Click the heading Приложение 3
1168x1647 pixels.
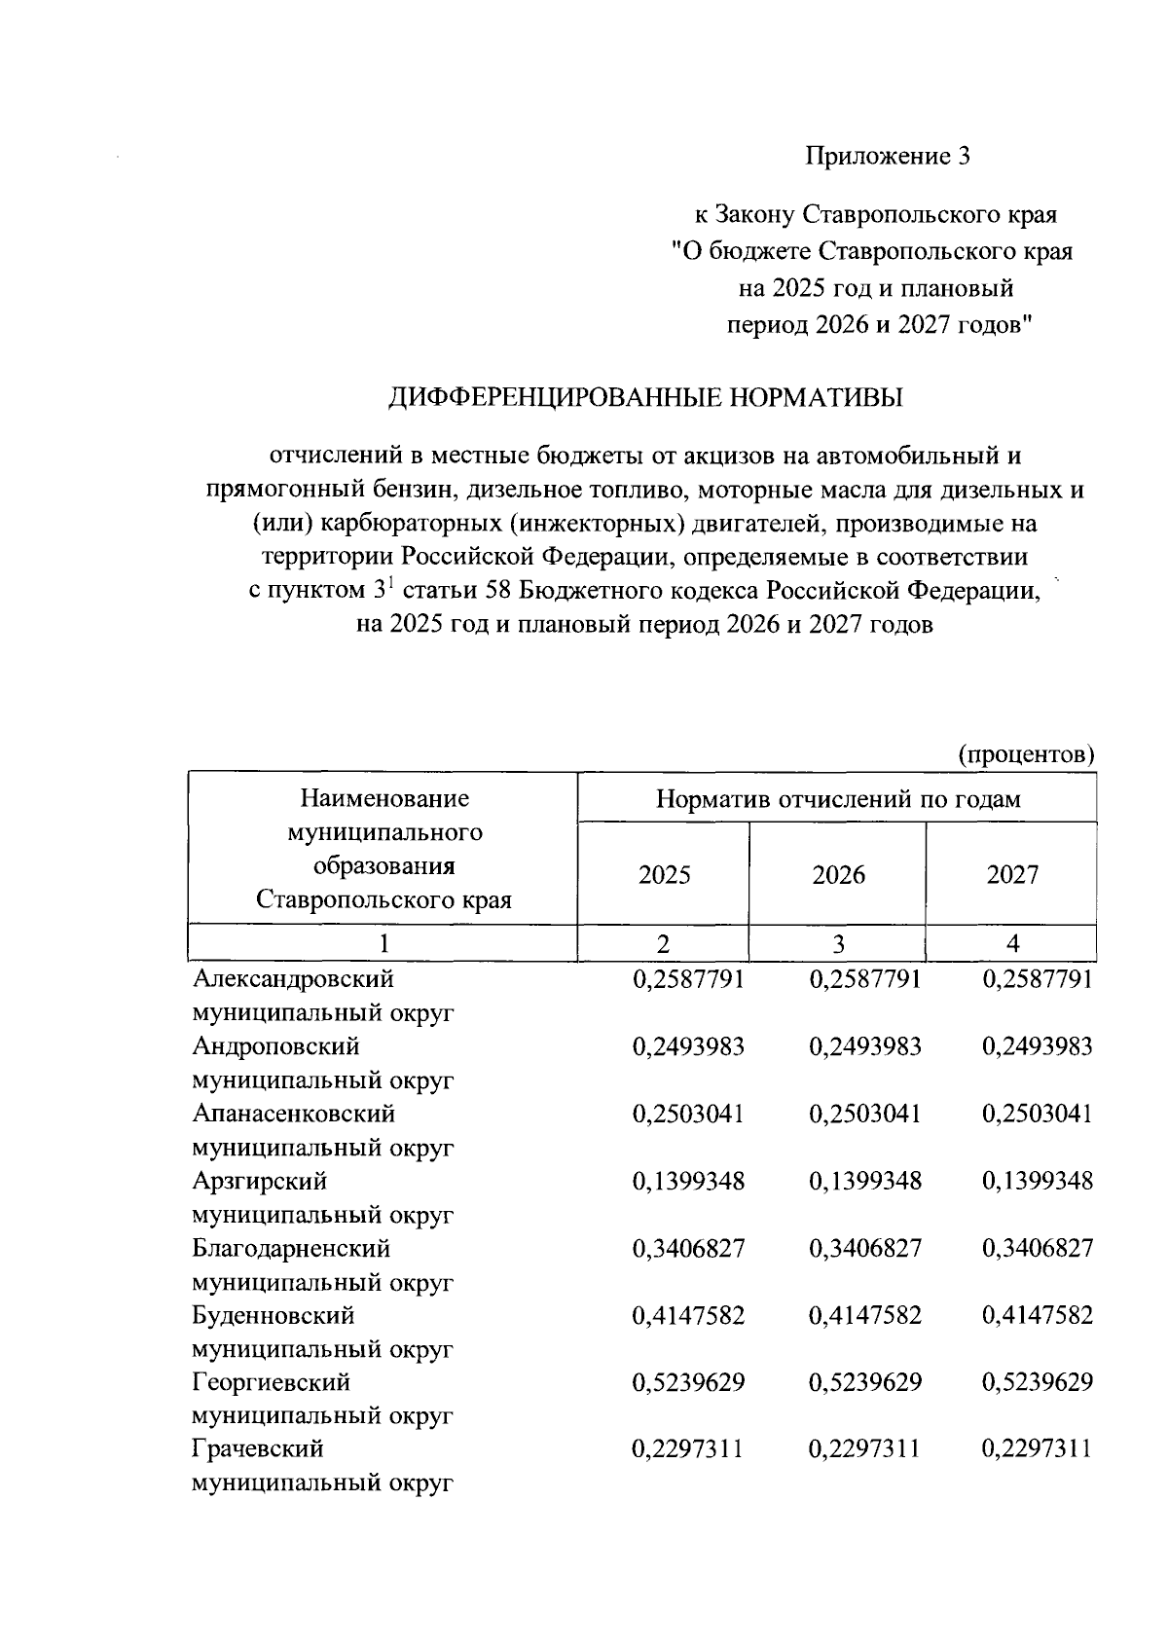(x=887, y=157)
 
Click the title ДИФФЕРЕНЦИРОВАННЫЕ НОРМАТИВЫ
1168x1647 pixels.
(x=645, y=397)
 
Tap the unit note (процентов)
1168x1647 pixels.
(x=1026, y=754)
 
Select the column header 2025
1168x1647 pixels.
(x=664, y=874)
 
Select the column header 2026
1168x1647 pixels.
(x=838, y=874)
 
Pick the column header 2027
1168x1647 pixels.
(x=1012, y=874)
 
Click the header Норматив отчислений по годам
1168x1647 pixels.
(x=838, y=799)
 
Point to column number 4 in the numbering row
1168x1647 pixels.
(x=1012, y=943)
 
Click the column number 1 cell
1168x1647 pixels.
(x=383, y=943)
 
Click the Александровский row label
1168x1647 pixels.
(x=293, y=978)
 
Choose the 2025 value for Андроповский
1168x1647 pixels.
(x=688, y=1046)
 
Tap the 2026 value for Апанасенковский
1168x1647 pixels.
(x=864, y=1114)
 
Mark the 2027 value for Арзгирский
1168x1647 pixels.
(x=1038, y=1181)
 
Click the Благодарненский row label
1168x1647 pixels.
(x=291, y=1248)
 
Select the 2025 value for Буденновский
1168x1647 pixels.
(x=688, y=1315)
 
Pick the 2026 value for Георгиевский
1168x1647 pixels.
(x=864, y=1382)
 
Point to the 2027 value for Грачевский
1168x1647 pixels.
(x=1038, y=1449)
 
